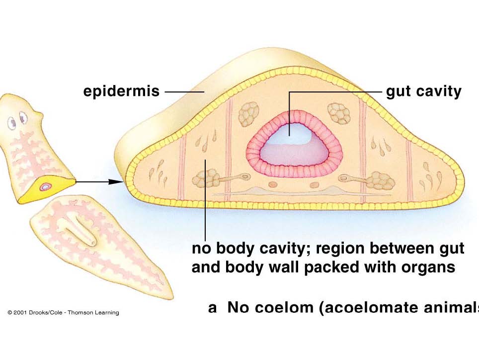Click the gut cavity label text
(x=424, y=92)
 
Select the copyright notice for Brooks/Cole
(x=63, y=313)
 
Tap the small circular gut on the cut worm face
(x=46, y=186)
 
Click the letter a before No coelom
(x=212, y=308)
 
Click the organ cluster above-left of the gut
(x=248, y=114)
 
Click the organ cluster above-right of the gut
(x=340, y=113)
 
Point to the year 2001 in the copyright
(x=21, y=313)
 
